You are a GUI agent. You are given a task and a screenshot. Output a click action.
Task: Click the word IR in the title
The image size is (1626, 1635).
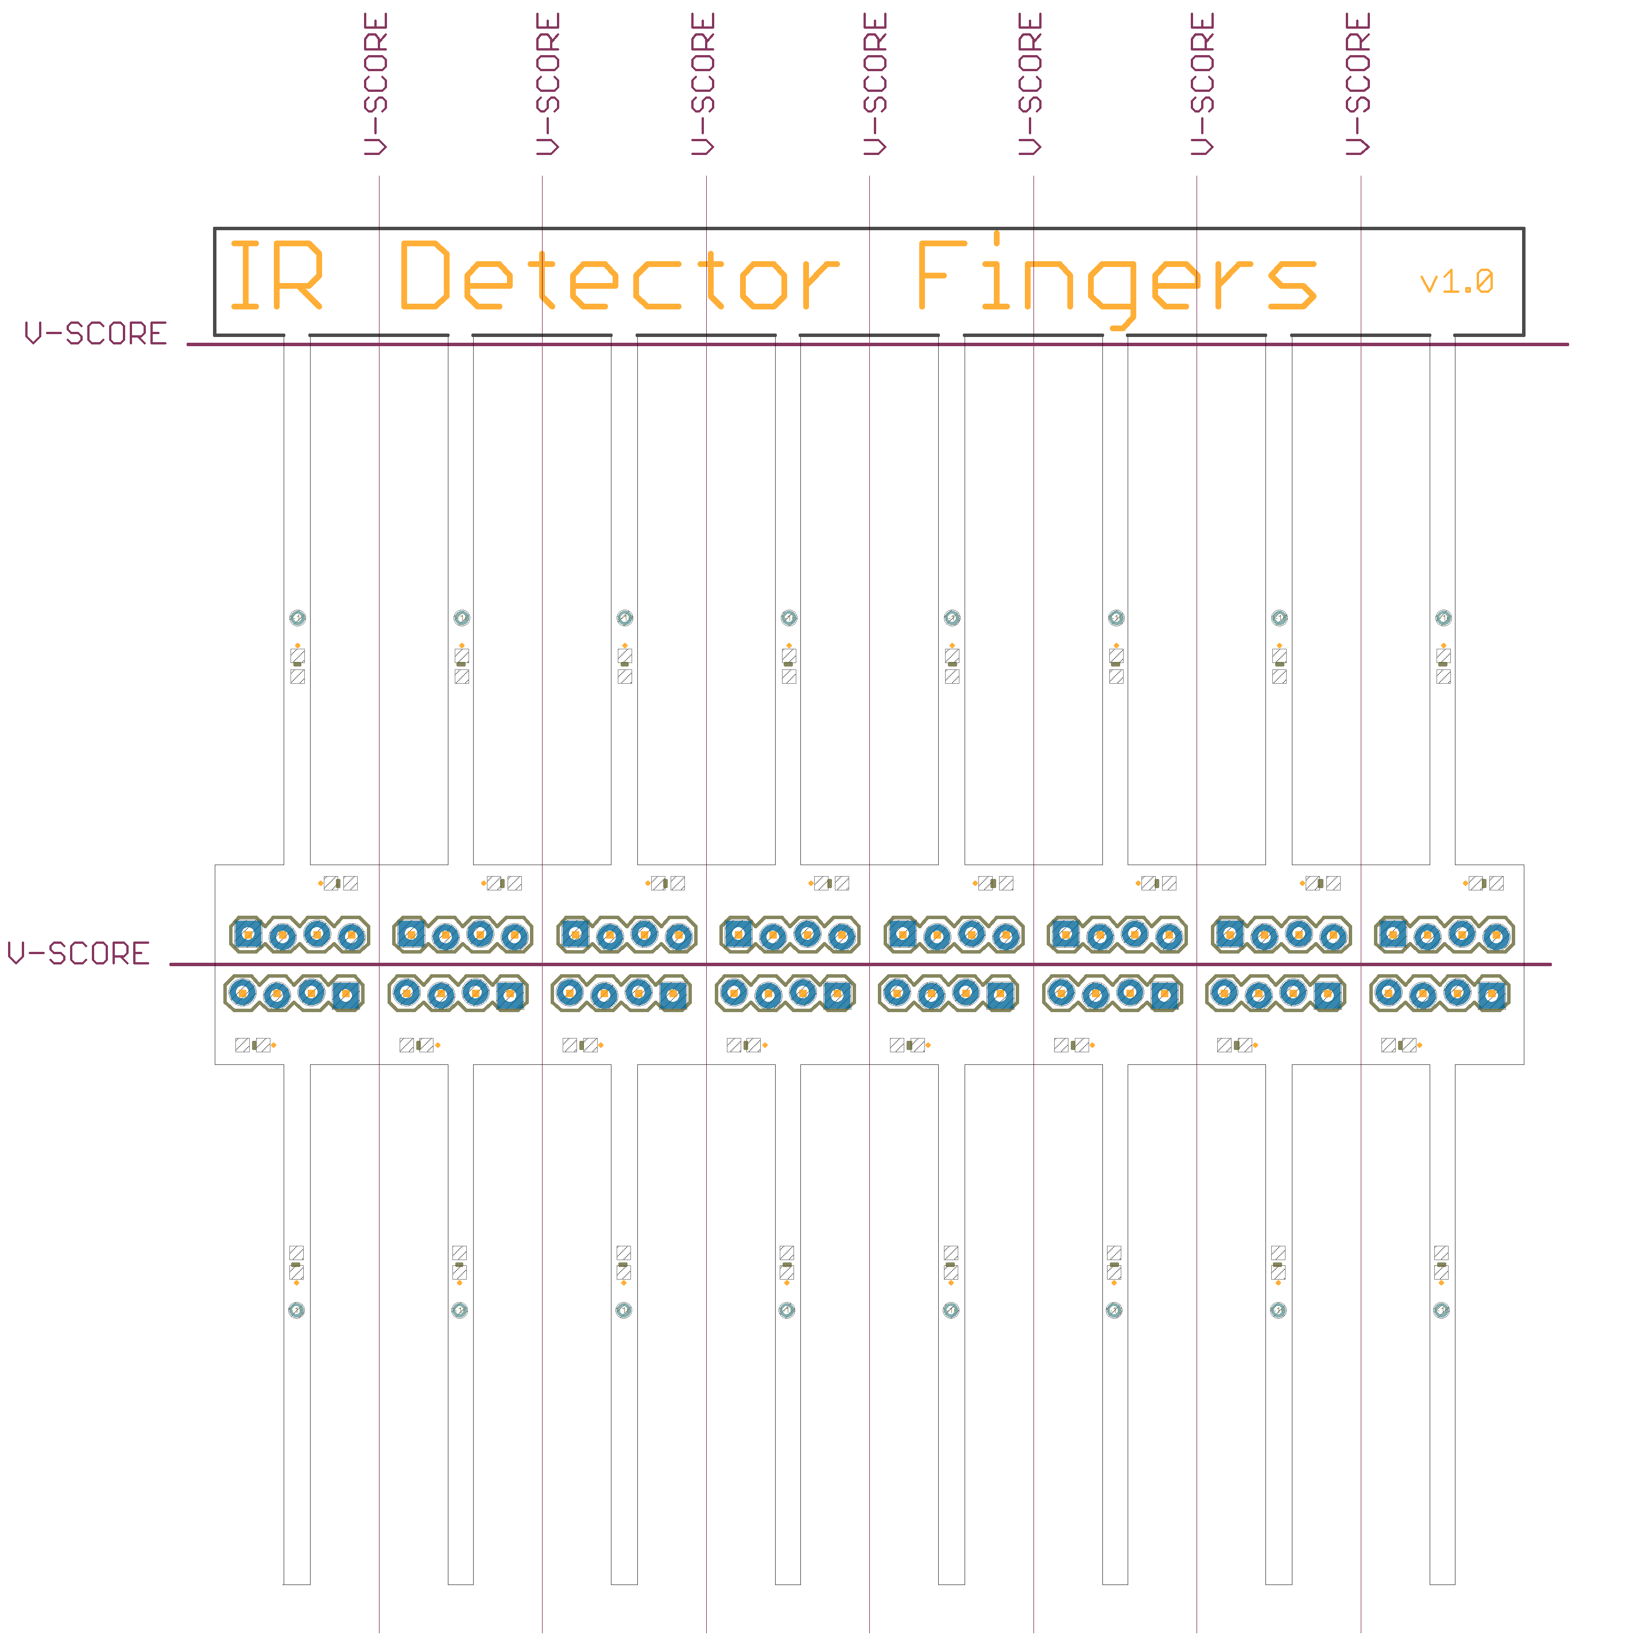click(276, 274)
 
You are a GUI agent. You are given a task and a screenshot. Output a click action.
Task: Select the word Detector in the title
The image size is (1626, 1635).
click(620, 274)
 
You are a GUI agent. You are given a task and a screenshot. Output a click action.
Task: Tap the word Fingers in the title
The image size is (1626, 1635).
click(1117, 279)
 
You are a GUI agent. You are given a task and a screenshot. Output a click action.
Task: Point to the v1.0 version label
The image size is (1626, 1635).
click(1457, 282)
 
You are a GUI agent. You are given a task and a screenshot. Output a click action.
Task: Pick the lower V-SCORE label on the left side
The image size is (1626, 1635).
click(79, 954)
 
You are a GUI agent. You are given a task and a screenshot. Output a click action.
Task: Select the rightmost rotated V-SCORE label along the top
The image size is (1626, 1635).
click(1358, 84)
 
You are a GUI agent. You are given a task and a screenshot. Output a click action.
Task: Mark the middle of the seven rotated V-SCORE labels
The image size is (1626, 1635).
click(875, 84)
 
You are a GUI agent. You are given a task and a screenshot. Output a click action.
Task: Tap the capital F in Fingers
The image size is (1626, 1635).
click(942, 274)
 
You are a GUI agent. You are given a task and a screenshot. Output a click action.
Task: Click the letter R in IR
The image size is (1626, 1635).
click(300, 274)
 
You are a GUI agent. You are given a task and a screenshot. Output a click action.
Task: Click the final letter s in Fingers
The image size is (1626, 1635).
click(1292, 284)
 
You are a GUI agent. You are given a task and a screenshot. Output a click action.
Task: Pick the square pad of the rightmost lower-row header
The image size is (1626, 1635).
click(1492, 995)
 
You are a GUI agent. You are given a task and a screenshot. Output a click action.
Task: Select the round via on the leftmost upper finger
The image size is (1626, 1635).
click(297, 618)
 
